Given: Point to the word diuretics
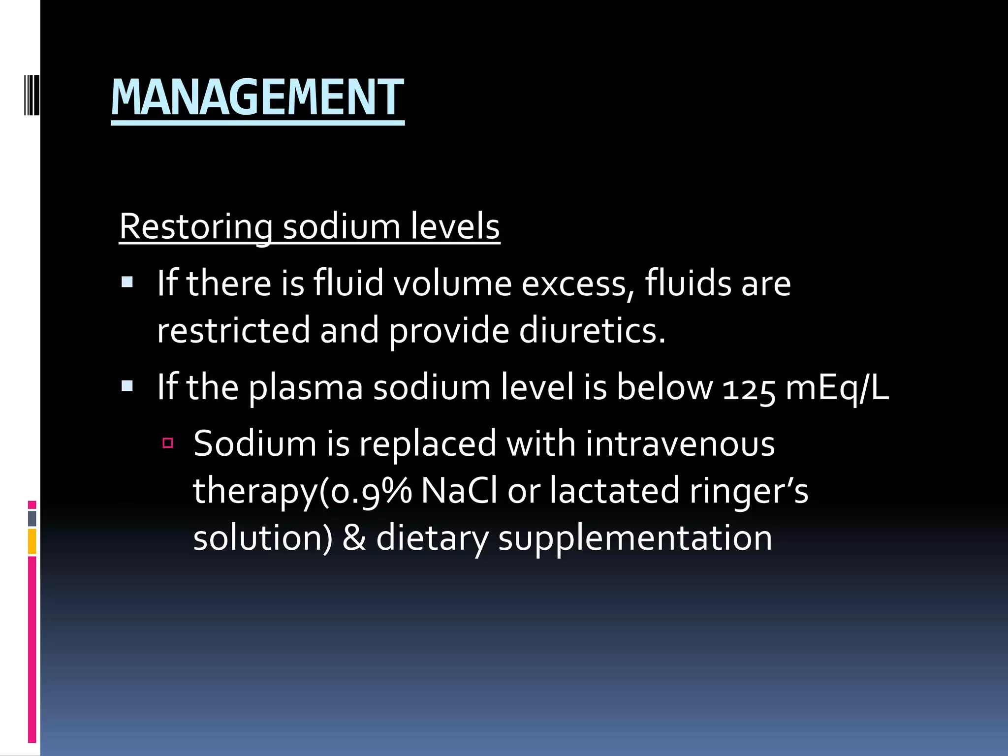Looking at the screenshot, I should coord(592,330).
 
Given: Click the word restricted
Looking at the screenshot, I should coord(233,330).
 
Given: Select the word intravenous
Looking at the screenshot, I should coord(680,444).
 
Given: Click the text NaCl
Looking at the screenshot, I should coord(459,491).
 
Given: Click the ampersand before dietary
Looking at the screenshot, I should coord(354,537).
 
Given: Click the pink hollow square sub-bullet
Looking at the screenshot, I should coord(168,443).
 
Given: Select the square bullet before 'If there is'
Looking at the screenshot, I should coord(127,282).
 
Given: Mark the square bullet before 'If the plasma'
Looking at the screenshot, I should coord(127,386).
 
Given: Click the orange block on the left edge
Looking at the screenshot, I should coord(32,541).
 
